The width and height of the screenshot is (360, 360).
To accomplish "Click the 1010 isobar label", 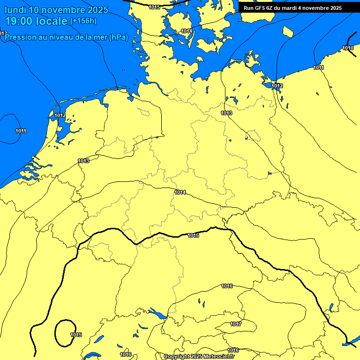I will tap(348, 48).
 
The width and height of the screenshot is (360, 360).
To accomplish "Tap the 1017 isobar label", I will tap(236, 324).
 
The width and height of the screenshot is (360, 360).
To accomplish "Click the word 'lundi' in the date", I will tap(15, 10).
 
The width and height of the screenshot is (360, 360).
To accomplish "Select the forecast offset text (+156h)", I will tap(83, 21).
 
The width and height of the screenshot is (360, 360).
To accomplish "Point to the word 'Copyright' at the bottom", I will tap(177, 357).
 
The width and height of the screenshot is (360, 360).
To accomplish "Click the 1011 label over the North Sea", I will tap(21, 131).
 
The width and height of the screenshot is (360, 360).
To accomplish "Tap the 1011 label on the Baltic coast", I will tap(318, 68).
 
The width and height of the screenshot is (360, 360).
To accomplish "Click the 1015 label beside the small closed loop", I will tap(76, 335).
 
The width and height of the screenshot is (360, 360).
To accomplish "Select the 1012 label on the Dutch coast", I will tap(60, 115).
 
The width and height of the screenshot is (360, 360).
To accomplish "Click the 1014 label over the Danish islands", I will tap(186, 31).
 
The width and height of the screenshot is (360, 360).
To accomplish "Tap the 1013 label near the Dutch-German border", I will tap(83, 161).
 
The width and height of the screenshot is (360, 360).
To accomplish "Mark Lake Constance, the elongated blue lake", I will tap(157, 314).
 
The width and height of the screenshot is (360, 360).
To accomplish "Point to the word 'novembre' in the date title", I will tap(60, 10).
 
